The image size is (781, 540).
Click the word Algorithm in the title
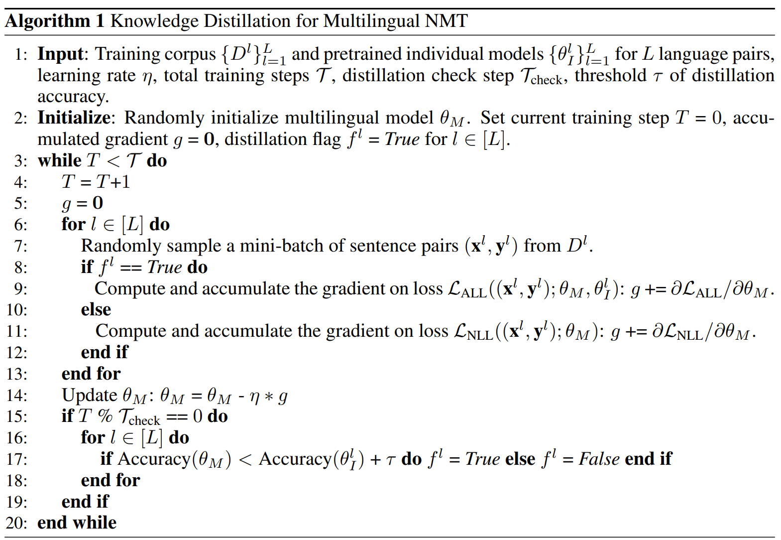point(48,21)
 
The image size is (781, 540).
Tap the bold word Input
point(61,54)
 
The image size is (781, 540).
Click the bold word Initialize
point(74,118)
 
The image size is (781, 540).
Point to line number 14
point(16,396)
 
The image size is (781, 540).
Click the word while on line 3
point(59,160)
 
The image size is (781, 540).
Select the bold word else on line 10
point(96,310)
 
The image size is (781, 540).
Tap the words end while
point(77,523)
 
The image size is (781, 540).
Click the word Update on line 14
point(89,395)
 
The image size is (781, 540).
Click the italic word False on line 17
point(599,459)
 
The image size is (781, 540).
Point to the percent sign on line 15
point(105,416)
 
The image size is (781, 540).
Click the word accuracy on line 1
point(73,97)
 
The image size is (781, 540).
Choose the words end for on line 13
point(91,374)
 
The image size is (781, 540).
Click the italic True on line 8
point(164,268)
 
